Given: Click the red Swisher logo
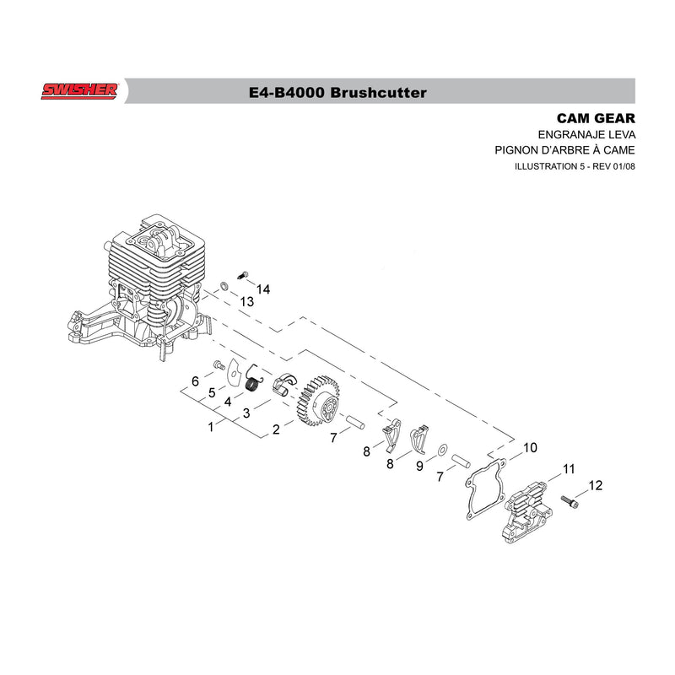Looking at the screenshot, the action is [79, 91].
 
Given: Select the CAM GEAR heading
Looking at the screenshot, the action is [596, 118].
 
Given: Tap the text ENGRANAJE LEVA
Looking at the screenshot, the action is [586, 135].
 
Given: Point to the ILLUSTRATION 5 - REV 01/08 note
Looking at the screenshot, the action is [575, 166].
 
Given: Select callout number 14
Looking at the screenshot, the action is [263, 289].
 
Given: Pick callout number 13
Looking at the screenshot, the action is [246, 302].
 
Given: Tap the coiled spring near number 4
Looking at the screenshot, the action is [255, 378].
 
